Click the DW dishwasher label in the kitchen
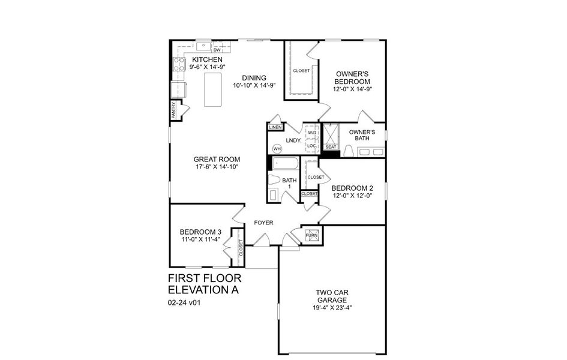[217, 50]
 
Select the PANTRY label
[174, 112]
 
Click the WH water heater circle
[277, 148]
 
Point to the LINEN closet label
[275, 127]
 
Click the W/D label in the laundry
[312, 133]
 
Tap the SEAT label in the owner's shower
[331, 147]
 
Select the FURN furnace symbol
[312, 235]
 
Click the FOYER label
[264, 223]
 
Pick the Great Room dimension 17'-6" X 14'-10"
[217, 167]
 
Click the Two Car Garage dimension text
[333, 308]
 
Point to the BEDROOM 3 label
[200, 232]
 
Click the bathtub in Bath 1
[285, 164]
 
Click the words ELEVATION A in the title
[203, 290]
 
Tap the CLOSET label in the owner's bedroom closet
[302, 71]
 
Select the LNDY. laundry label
[293, 140]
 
